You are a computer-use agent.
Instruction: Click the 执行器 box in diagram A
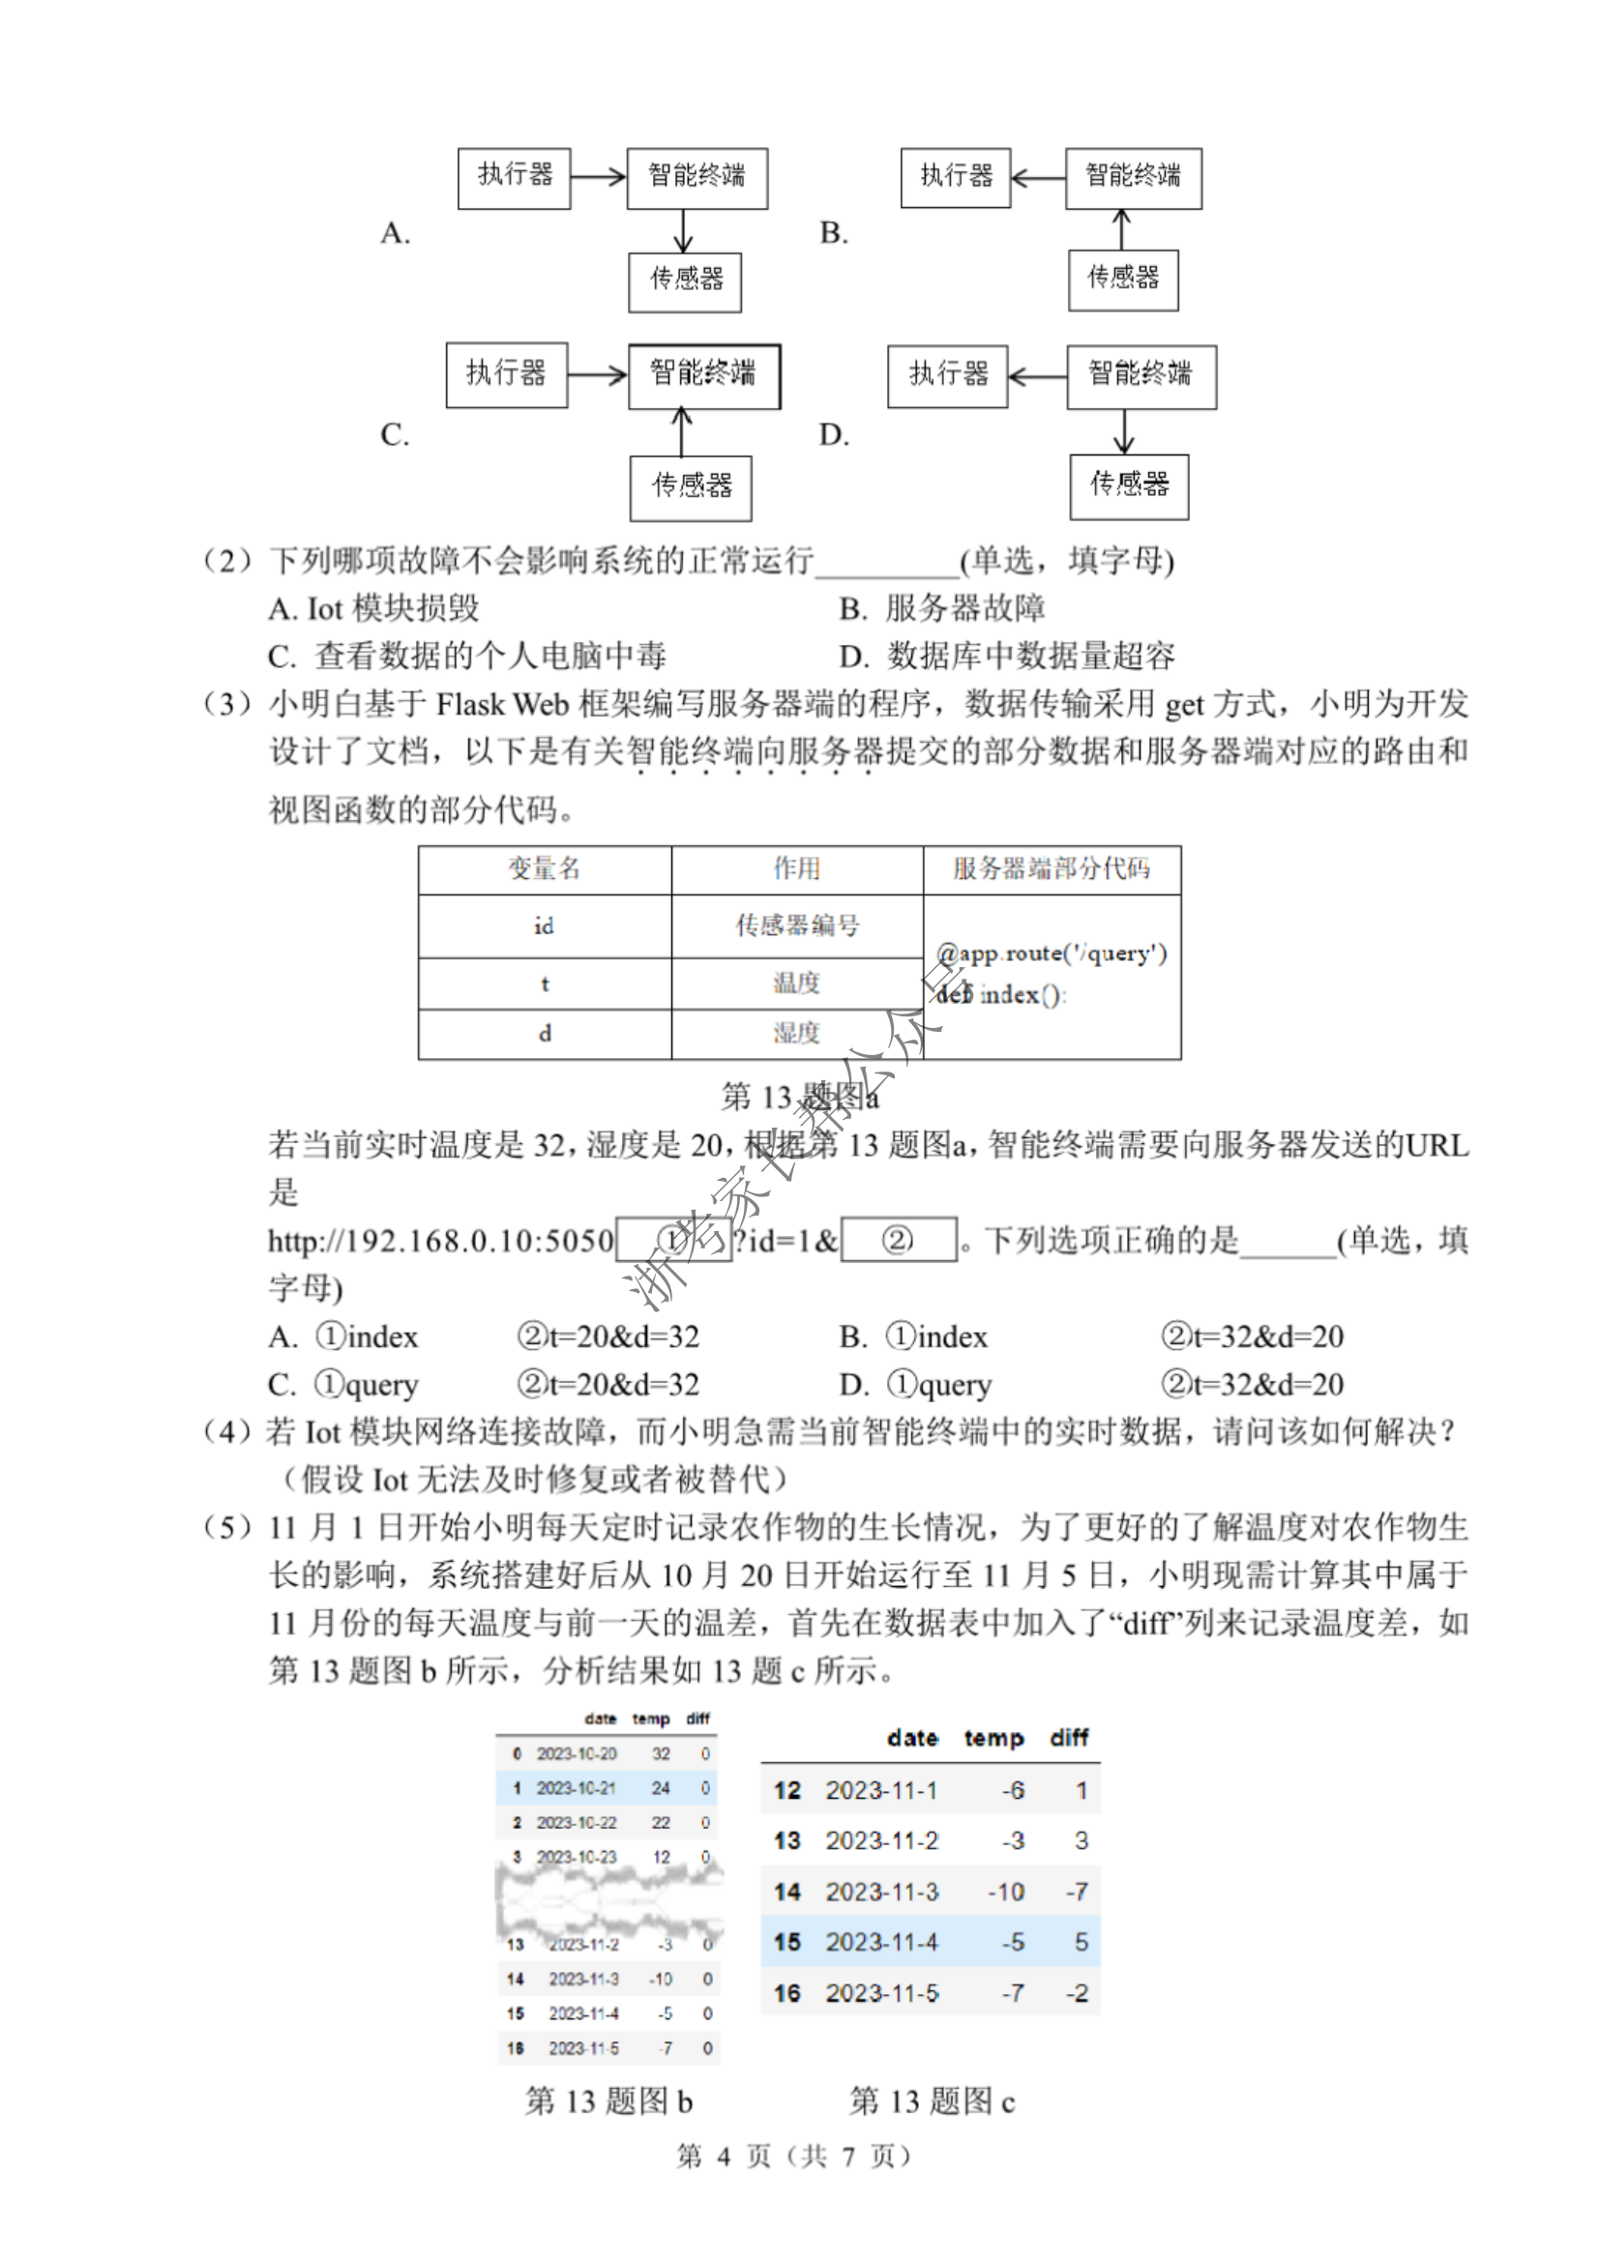(x=514, y=177)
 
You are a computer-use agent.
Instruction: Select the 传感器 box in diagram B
(x=1123, y=279)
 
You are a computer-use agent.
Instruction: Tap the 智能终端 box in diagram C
(x=703, y=375)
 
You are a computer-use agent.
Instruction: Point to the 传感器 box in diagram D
(x=1129, y=485)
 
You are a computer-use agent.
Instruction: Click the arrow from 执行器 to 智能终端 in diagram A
(x=598, y=177)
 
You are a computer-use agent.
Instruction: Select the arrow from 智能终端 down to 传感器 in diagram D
(x=1123, y=431)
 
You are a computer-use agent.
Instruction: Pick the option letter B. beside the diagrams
(x=834, y=233)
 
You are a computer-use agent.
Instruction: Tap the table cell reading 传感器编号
(x=797, y=925)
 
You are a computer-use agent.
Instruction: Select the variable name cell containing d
(x=545, y=1034)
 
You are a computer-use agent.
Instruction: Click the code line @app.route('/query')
(x=1052, y=954)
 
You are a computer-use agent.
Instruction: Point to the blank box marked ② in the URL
(x=898, y=1240)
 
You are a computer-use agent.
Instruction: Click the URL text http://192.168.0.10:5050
(x=440, y=1241)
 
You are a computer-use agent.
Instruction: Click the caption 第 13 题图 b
(x=607, y=2101)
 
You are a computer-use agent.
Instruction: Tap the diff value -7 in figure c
(x=1076, y=1892)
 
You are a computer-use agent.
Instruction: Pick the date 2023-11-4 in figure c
(x=881, y=1942)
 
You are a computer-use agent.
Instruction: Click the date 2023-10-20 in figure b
(x=577, y=1753)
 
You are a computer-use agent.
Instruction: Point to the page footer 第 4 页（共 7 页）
(x=794, y=2157)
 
